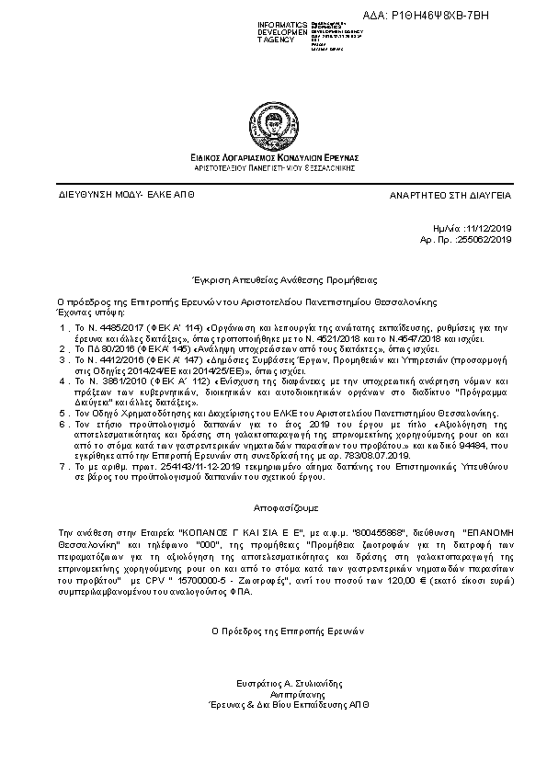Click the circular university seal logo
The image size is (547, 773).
tap(274, 123)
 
